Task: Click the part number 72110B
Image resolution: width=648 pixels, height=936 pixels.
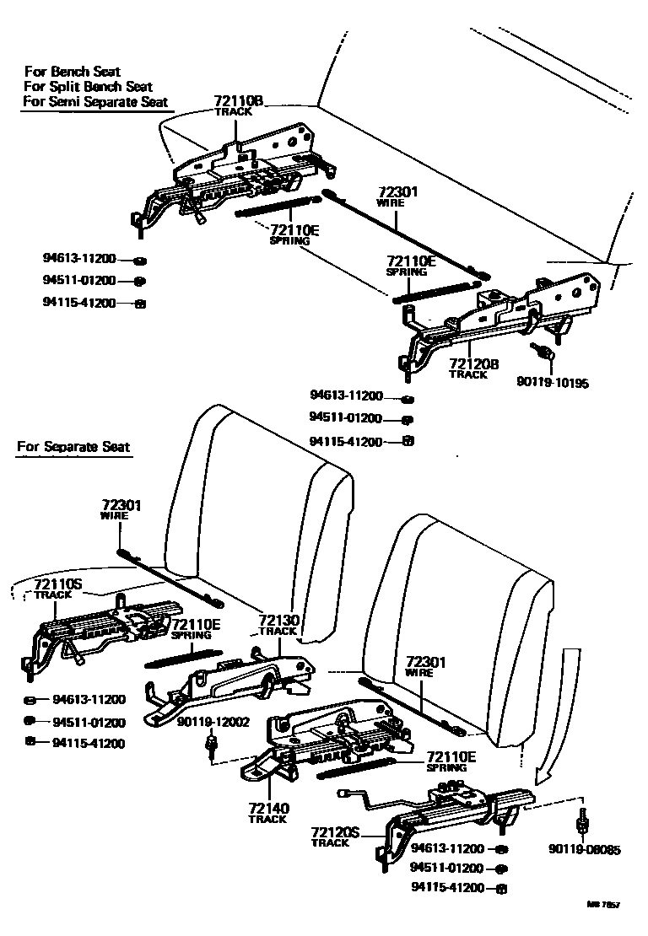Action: (239, 101)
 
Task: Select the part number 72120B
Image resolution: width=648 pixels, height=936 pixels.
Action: (474, 363)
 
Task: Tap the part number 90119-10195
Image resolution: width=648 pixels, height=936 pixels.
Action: (553, 382)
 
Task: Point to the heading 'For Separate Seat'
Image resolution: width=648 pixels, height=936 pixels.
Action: (73, 446)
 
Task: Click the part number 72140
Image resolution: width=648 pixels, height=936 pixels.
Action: (268, 808)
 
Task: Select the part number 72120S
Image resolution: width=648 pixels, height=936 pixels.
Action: (335, 831)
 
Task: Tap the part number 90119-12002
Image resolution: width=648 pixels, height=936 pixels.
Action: (207, 723)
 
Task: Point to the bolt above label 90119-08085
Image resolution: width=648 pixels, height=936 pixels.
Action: (581, 821)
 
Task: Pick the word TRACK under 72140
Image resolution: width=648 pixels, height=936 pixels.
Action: (268, 820)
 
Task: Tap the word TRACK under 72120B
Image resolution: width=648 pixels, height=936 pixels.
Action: (468, 375)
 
